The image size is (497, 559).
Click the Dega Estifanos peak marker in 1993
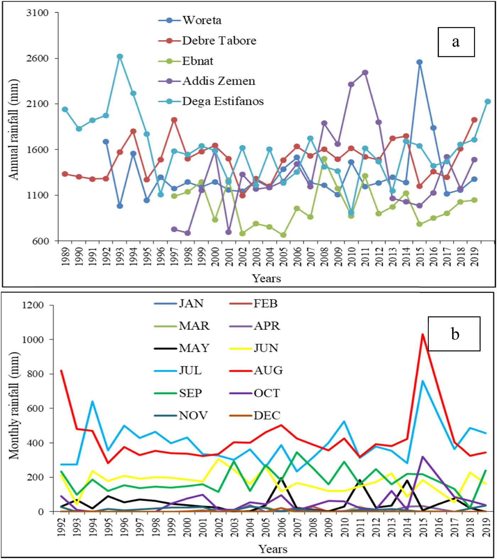click(120, 57)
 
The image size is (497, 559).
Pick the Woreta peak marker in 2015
click(420, 62)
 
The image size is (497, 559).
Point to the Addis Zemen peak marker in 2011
click(365, 73)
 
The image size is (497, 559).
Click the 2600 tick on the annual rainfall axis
click(38, 58)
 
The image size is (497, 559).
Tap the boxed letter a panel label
click(456, 42)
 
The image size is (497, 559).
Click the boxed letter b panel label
click(454, 334)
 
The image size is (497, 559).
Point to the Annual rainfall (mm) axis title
click(13, 129)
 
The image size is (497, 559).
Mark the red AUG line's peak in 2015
click(422, 334)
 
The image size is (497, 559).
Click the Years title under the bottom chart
click(273, 549)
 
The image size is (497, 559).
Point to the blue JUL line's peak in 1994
click(93, 402)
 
